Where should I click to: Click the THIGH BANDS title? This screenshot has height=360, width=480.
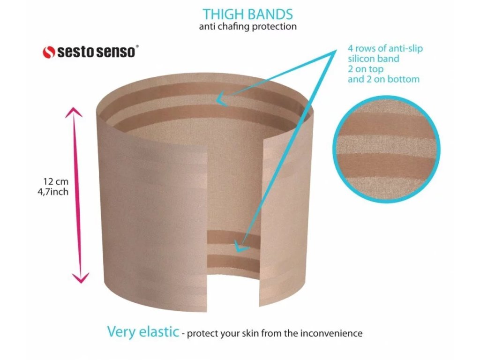(247, 14)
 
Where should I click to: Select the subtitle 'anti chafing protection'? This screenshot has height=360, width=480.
(247, 27)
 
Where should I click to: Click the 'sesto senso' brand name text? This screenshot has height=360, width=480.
(96, 52)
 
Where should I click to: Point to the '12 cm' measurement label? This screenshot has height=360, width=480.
(56, 181)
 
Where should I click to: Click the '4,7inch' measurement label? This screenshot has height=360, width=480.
(53, 192)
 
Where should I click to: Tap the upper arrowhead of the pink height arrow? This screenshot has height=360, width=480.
(74, 112)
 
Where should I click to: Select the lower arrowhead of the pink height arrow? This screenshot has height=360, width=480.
(81, 277)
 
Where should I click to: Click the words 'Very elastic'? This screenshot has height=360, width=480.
(143, 331)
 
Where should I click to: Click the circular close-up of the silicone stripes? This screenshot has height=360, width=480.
(386, 150)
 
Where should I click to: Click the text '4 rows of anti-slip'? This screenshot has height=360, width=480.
(385, 48)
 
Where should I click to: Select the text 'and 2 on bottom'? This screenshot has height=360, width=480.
(383, 79)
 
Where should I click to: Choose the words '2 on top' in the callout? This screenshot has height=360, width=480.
(366, 69)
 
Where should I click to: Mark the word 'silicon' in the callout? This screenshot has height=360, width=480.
(361, 59)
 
